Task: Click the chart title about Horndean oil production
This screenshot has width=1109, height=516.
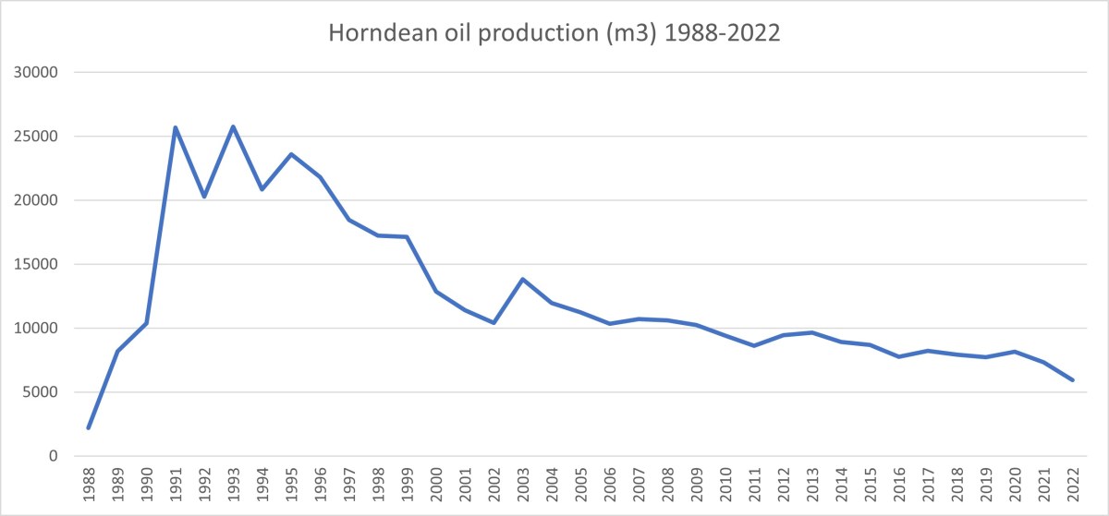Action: (x=554, y=36)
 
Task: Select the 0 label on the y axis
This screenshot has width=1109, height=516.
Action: (x=53, y=456)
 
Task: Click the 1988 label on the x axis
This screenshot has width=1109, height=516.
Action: (x=89, y=485)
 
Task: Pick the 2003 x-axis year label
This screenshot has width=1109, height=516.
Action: (x=523, y=485)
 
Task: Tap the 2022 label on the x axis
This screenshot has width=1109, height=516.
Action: (x=1073, y=485)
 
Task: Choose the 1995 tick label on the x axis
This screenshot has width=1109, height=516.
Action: (x=291, y=485)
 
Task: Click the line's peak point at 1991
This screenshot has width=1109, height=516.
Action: (x=175, y=127)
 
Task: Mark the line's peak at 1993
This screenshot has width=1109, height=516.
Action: (x=233, y=126)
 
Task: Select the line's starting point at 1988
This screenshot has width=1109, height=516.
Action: (x=89, y=427)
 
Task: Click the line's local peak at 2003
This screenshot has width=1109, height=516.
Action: (x=523, y=279)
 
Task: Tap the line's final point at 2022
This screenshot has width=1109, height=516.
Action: (x=1073, y=379)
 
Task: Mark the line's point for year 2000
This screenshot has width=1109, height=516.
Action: (x=436, y=292)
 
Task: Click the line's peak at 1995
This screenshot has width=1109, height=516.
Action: (x=291, y=154)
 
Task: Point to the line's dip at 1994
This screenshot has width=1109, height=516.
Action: (x=262, y=189)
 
